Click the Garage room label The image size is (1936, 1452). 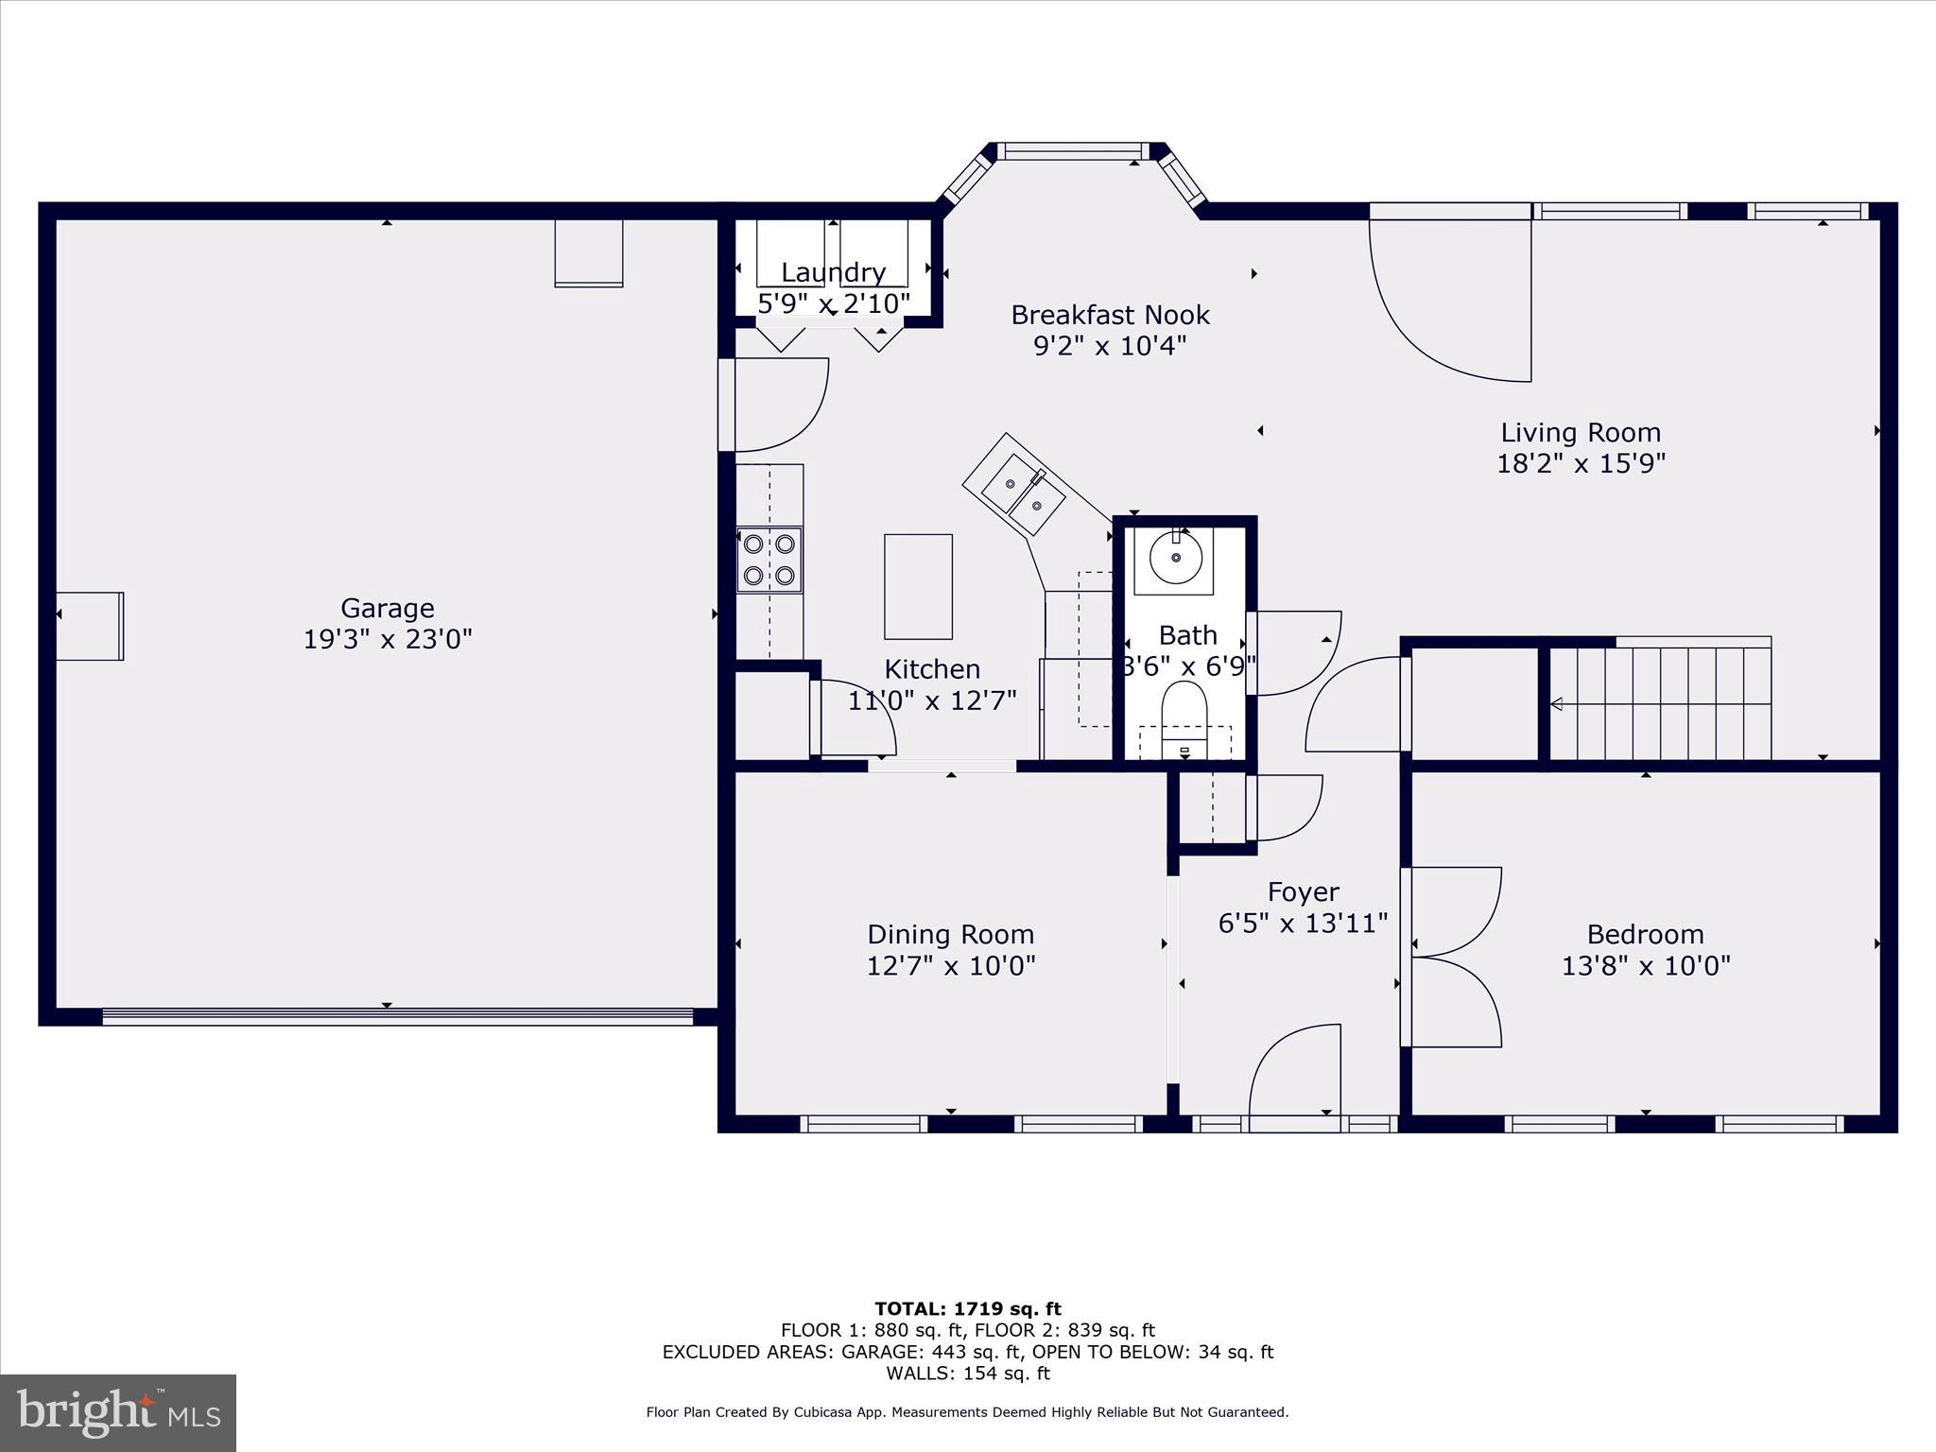coord(387,608)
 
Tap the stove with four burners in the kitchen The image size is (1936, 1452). coord(769,559)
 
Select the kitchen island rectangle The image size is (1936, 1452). coord(918,586)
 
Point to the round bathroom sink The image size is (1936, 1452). coord(1175,558)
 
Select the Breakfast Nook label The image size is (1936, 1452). coord(1110,315)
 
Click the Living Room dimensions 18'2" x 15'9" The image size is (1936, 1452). coord(1581,463)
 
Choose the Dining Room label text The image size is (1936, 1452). coord(950,935)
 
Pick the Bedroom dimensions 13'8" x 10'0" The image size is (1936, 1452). coord(1645,966)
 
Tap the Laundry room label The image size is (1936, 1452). coord(833,273)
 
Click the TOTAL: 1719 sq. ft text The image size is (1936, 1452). coord(967,1309)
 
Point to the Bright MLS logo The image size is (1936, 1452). coord(118,1412)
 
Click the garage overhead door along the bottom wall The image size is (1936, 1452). coord(397,1017)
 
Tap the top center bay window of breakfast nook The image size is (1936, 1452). coord(1073,151)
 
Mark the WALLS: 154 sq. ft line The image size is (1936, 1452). coord(967,1374)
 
